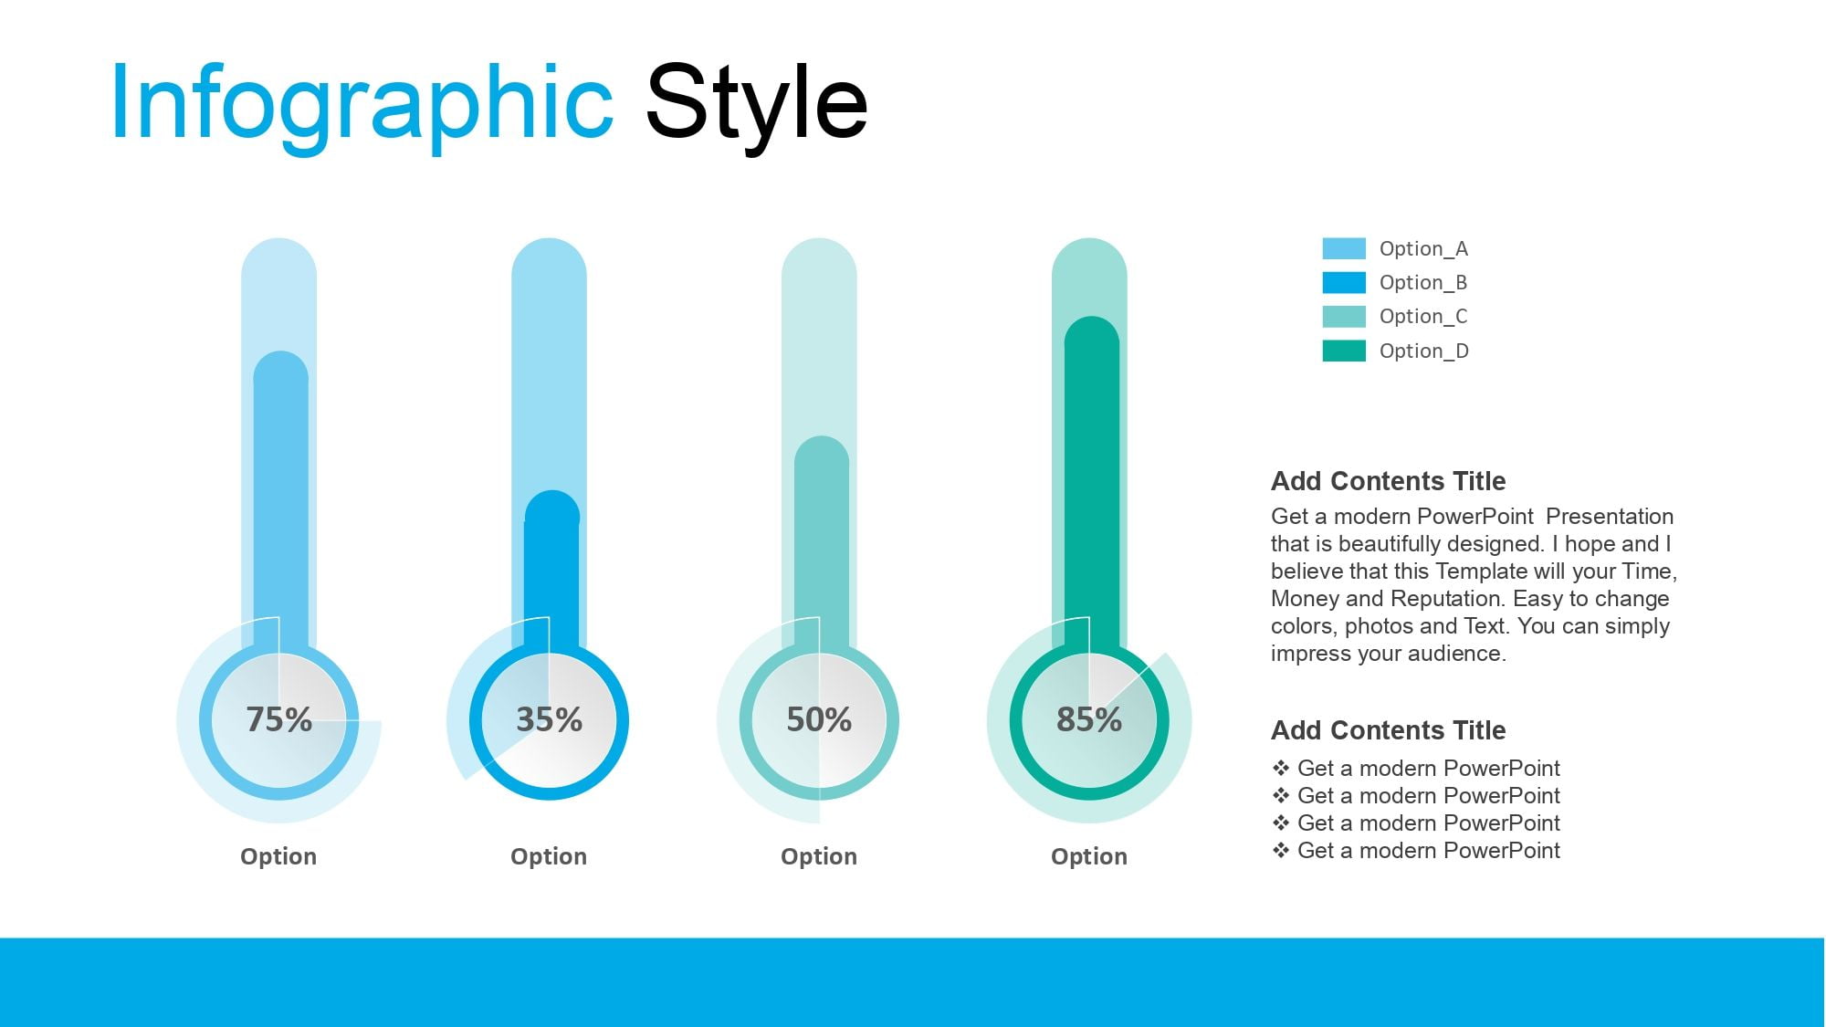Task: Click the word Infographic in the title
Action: pyautogui.click(x=362, y=104)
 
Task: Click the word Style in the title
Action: pyautogui.click(x=757, y=104)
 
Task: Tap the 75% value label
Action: pyautogui.click(x=279, y=719)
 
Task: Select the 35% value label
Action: pyautogui.click(x=549, y=719)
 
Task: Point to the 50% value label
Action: pyautogui.click(x=819, y=719)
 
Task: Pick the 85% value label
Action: pyautogui.click(x=1089, y=719)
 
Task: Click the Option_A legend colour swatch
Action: pyautogui.click(x=1344, y=248)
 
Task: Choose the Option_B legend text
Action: pyautogui.click(x=1423, y=283)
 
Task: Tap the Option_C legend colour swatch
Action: pyautogui.click(x=1344, y=317)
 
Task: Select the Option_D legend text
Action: pyautogui.click(x=1424, y=351)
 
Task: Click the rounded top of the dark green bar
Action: pyautogui.click(x=1092, y=332)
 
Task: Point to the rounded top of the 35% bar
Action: pyautogui.click(x=551, y=507)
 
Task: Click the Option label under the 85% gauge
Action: pyautogui.click(x=1089, y=856)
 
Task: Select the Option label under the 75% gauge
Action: pyautogui.click(x=278, y=856)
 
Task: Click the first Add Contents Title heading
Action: pyautogui.click(x=1388, y=481)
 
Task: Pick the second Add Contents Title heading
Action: pyautogui.click(x=1388, y=730)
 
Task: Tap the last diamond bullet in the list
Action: pyautogui.click(x=1281, y=850)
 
